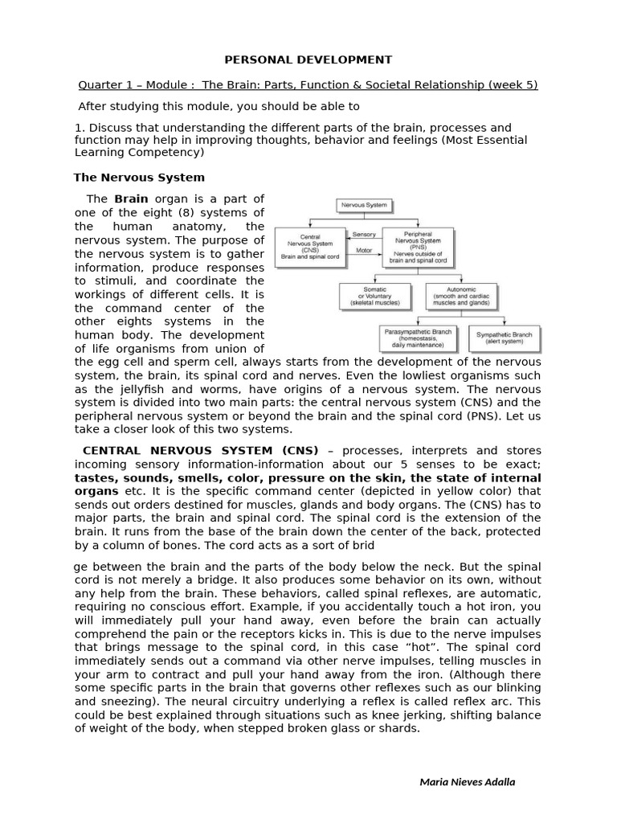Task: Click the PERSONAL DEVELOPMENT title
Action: (x=308, y=59)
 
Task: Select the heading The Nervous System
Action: (x=139, y=177)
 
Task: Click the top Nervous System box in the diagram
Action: (x=364, y=206)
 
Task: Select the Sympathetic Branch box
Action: (x=504, y=337)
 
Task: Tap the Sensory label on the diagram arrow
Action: (x=364, y=234)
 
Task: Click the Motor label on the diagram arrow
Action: (x=363, y=250)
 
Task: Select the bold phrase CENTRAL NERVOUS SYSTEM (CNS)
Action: (x=200, y=450)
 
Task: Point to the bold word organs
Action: (x=97, y=491)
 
